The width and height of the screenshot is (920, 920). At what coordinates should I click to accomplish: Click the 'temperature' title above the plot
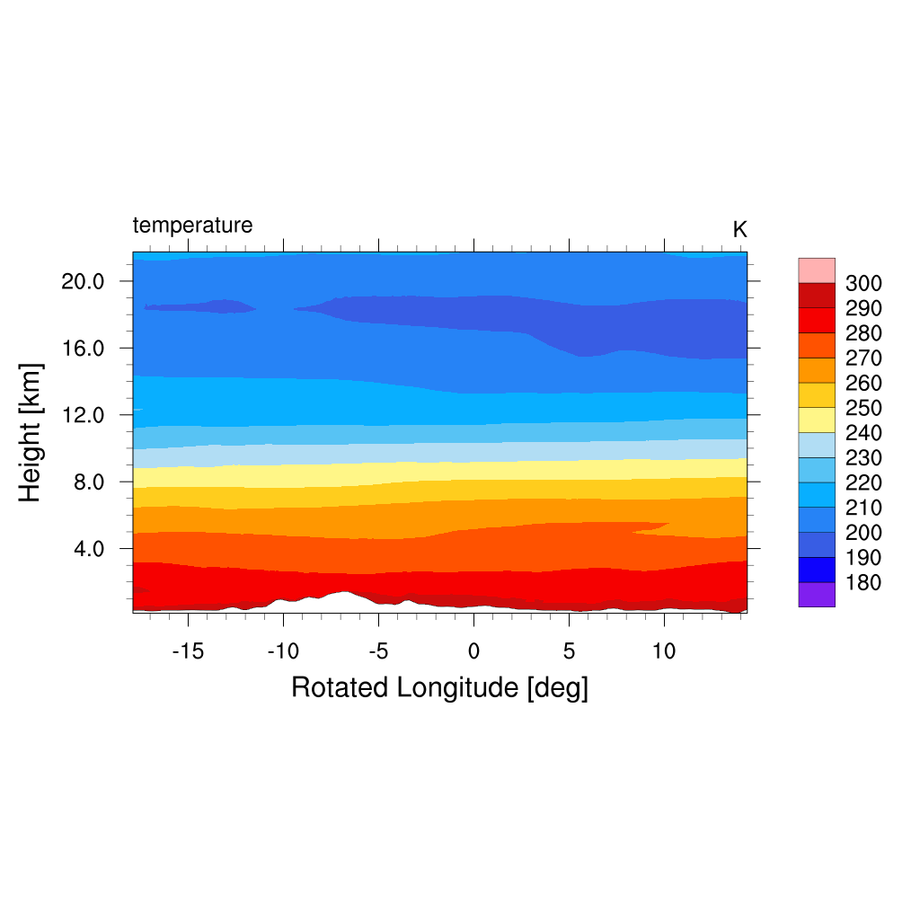pos(192,225)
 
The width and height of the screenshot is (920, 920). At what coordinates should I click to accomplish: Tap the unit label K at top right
pos(739,230)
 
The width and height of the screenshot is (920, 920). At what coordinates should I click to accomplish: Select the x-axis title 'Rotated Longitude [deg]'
pos(439,688)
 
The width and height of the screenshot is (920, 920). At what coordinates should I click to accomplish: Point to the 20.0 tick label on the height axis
pos(83,281)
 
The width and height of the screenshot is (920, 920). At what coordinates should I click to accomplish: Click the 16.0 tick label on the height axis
pos(83,348)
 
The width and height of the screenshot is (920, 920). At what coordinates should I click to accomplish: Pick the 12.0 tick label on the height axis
pos(83,415)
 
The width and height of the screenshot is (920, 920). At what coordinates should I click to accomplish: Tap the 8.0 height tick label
pos(88,482)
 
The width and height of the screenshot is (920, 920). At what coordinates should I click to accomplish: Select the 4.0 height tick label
pos(88,549)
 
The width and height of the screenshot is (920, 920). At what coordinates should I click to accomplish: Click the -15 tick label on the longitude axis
pos(188,650)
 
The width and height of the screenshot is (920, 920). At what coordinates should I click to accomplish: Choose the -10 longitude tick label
pos(283,650)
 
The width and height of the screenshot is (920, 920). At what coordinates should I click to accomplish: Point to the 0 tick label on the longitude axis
pos(473,650)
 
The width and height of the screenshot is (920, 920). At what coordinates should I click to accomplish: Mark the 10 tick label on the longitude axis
pos(664,650)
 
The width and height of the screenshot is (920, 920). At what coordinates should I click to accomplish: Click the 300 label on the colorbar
pos(863,284)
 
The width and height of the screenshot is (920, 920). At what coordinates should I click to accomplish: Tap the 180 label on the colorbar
pos(863,583)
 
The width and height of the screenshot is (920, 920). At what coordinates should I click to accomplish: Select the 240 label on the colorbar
pos(863,433)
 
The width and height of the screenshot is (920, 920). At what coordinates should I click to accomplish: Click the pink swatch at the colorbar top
pos(817,270)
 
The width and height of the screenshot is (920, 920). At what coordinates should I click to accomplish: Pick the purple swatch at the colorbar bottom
pos(817,595)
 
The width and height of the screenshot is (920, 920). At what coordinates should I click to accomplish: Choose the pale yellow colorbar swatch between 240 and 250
pos(817,420)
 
